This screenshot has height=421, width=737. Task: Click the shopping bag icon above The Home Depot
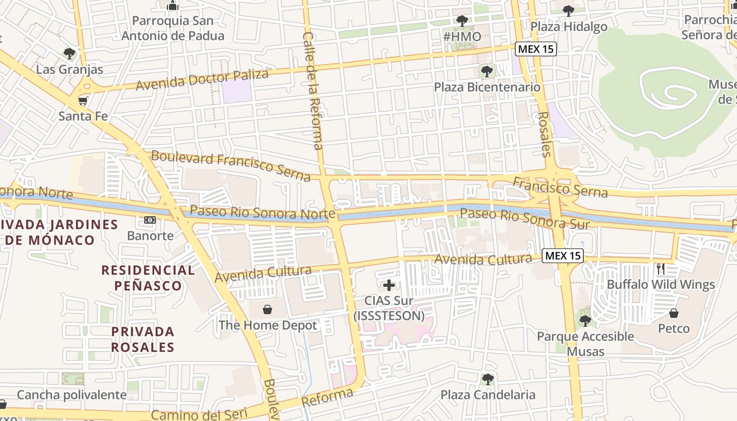coord(268,308)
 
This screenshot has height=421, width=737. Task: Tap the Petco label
coord(674,329)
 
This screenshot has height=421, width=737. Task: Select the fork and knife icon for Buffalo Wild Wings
coord(662,268)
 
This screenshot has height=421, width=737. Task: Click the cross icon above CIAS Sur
coord(389,285)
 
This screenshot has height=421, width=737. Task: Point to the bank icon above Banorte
coord(150,219)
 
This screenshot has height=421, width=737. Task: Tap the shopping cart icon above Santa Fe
coord(83,100)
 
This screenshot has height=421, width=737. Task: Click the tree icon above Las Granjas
coord(69,54)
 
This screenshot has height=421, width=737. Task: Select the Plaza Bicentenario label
coord(487,87)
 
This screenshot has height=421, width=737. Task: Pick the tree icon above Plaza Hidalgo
coord(569,11)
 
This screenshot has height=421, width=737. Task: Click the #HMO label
coord(462,37)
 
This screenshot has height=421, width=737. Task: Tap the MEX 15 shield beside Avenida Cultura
coord(563,256)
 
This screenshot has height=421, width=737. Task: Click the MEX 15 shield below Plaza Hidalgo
coord(535,49)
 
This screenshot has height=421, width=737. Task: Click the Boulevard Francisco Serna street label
coord(231,165)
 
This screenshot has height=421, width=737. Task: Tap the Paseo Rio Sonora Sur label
coord(524,218)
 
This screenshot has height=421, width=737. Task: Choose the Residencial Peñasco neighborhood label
coord(148,278)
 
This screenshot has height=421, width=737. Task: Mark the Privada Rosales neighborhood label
coord(143,339)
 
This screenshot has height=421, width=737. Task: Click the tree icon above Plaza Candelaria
coord(488,379)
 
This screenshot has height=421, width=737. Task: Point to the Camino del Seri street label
coord(196,415)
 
